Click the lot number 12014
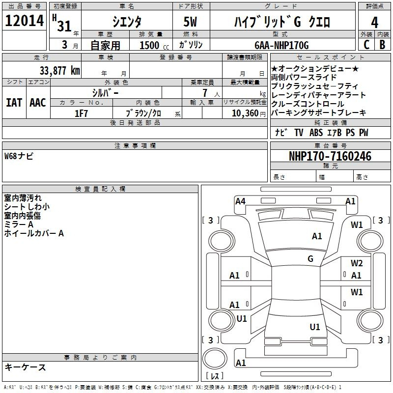[24, 21]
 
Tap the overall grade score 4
[374, 23]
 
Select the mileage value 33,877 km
[59, 71]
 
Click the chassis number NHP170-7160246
[330, 156]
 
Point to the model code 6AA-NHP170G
[281, 45]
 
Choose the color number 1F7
[81, 113]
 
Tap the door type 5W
[190, 22]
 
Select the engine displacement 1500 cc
[154, 45]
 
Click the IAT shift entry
[14, 103]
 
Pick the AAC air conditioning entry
[38, 103]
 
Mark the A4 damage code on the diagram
[240, 201]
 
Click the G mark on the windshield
[310, 259]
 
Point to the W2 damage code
[357, 263]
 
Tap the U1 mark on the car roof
[315, 327]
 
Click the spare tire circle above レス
[215, 359]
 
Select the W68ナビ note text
[19, 156]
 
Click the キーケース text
[25, 367]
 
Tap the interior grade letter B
[382, 45]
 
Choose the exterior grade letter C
[366, 45]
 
